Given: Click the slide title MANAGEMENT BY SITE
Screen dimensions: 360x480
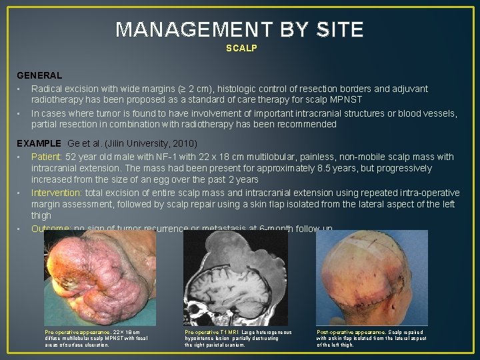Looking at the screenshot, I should (x=240, y=30).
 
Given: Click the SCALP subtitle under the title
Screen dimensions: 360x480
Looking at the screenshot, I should (x=241, y=49).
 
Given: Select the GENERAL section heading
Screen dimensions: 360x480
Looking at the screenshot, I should (x=39, y=76).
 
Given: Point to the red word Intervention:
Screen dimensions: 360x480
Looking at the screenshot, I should (x=57, y=193).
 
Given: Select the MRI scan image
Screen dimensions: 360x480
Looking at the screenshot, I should (x=237, y=277).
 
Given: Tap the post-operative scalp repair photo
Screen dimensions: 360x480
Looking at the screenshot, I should (x=372, y=277).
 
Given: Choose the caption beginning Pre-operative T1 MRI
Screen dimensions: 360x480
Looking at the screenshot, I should (x=238, y=338).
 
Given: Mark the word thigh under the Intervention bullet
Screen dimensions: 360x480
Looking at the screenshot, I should (x=41, y=215).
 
